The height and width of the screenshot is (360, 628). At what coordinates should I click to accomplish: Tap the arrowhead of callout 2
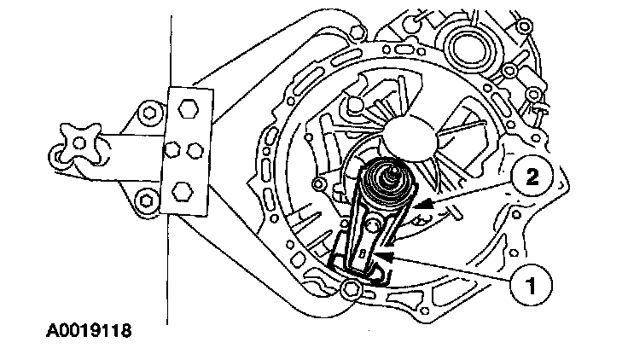pyautogui.click(x=417, y=206)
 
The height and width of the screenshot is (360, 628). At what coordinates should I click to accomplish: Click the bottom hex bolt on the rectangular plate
pyautogui.click(x=182, y=189)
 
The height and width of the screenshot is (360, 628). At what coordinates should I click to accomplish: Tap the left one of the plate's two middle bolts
pyautogui.click(x=172, y=150)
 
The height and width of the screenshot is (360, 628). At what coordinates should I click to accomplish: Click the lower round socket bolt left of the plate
pyautogui.click(x=148, y=201)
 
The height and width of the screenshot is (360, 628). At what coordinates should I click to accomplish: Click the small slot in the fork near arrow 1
pyautogui.click(x=363, y=254)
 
